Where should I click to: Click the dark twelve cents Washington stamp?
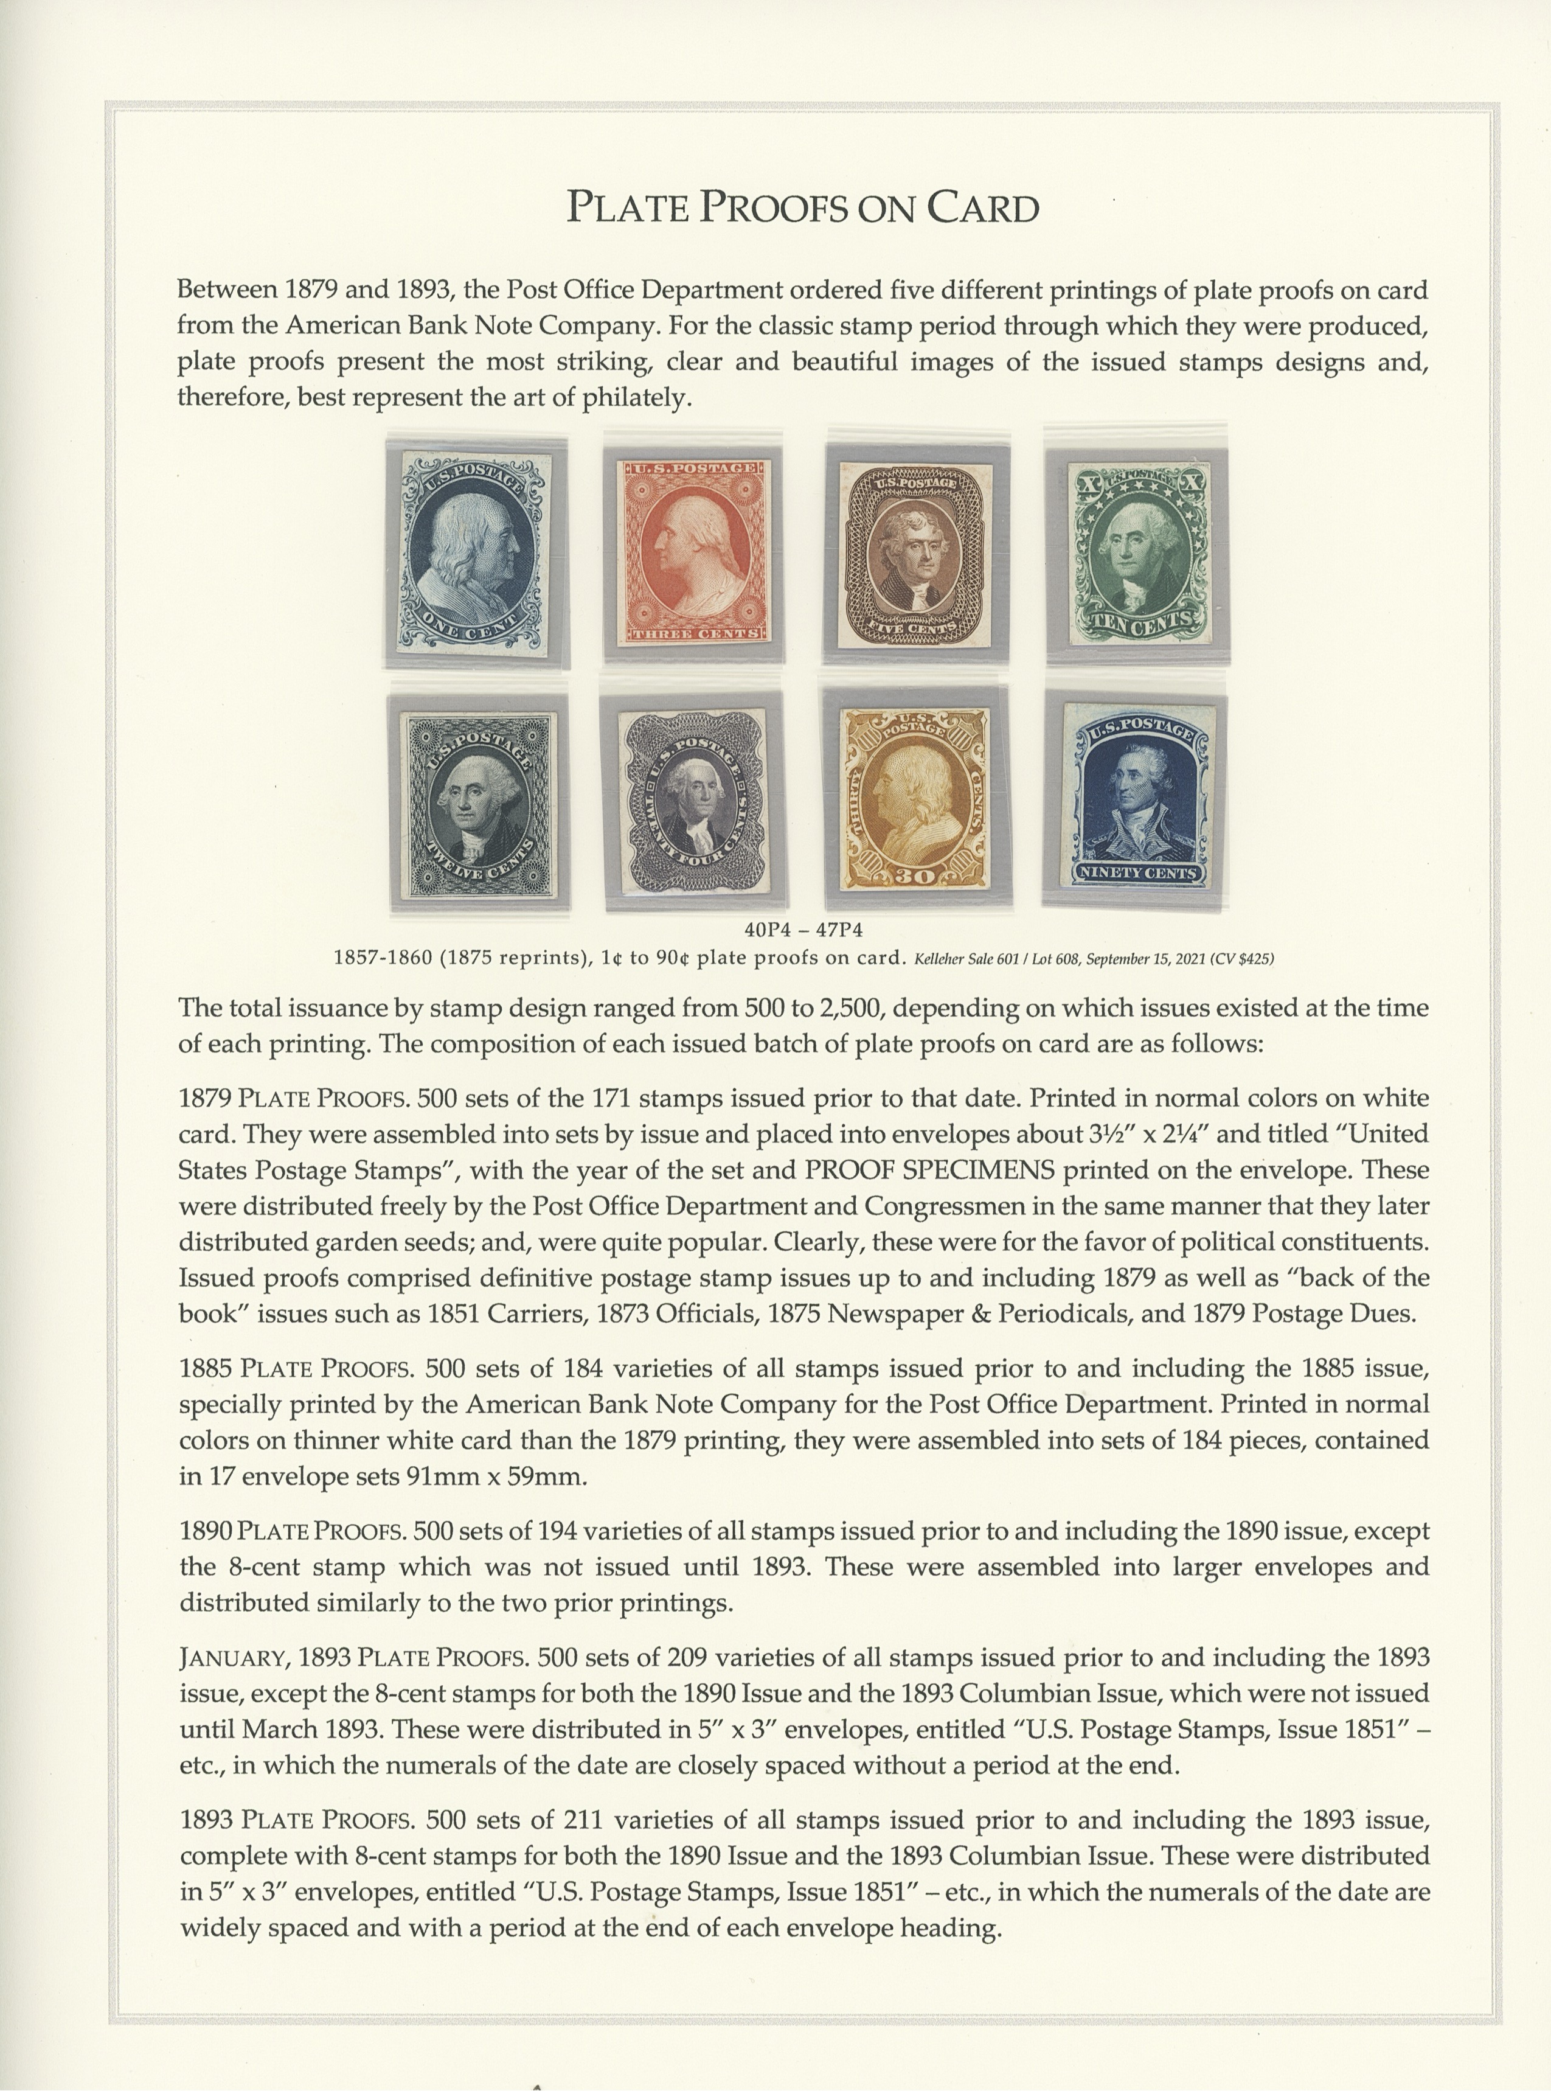coord(478,804)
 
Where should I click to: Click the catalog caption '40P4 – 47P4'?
coord(803,930)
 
